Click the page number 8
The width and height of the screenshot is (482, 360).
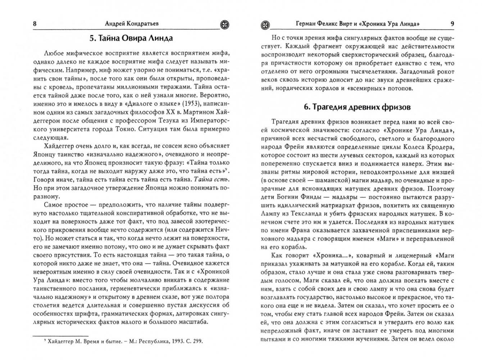click(35, 24)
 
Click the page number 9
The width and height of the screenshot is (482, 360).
click(452, 24)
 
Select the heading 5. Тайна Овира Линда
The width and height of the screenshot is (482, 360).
click(131, 38)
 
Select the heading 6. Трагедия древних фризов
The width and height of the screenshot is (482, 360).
click(357, 107)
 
